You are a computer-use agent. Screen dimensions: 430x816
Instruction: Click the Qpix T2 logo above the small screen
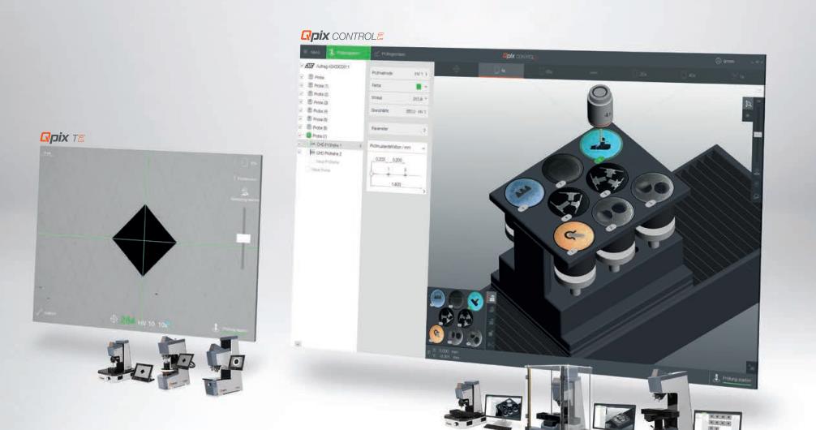pos(62,138)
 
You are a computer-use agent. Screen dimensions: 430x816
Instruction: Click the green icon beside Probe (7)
pos(308,135)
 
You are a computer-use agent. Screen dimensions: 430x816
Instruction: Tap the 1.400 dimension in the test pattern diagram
pos(395,184)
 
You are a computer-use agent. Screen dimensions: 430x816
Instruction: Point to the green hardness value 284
pos(128,321)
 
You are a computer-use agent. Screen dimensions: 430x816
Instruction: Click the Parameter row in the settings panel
pos(397,129)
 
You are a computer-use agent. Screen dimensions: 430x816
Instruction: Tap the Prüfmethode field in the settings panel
pos(397,72)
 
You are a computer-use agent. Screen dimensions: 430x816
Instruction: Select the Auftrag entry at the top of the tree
pos(333,67)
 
